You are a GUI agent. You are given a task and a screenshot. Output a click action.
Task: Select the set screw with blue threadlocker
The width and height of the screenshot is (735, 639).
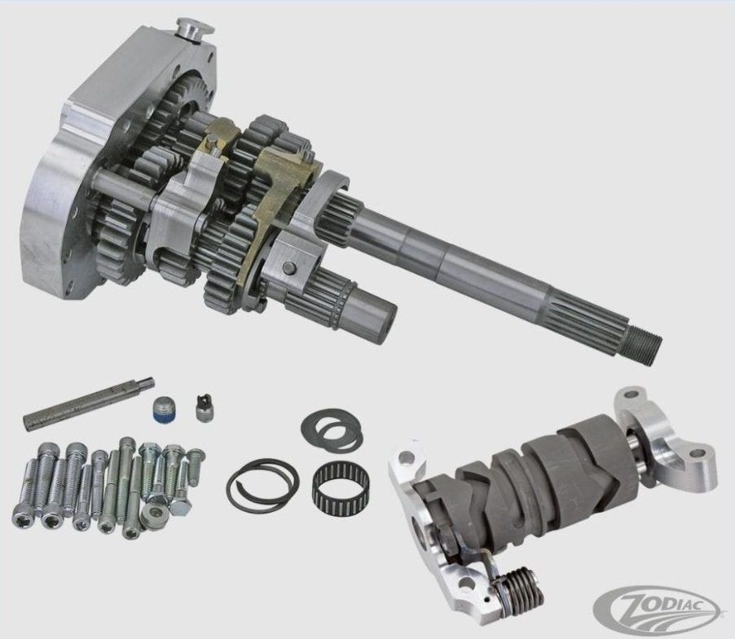[161, 409]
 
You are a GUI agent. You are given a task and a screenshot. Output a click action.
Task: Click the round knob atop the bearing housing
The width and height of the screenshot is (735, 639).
[195, 30]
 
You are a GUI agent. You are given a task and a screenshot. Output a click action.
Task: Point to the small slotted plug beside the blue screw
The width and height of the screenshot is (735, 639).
[203, 408]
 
